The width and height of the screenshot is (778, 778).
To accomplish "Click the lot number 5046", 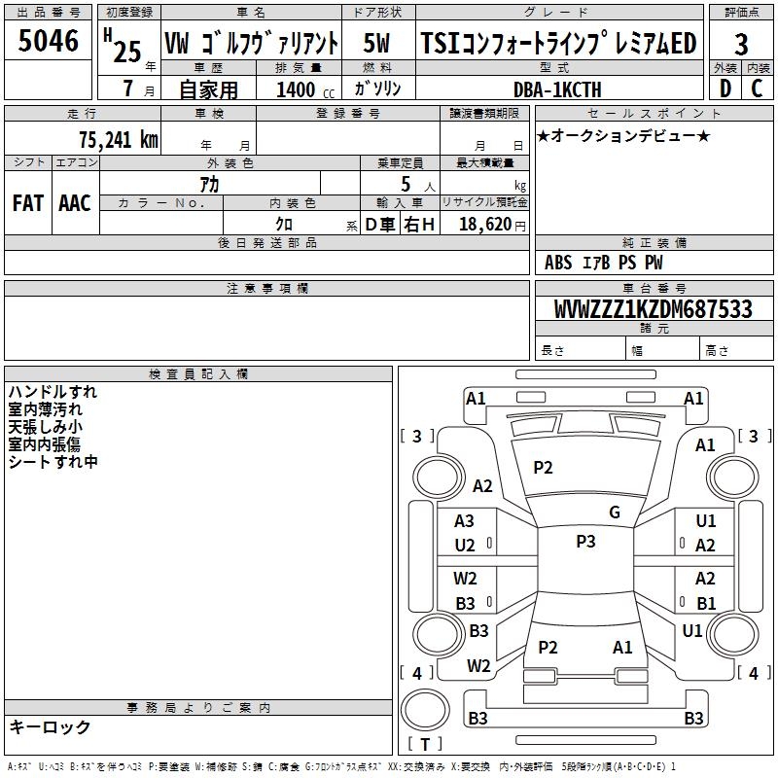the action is (x=48, y=41).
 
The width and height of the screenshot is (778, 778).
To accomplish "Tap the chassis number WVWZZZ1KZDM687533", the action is (x=653, y=309).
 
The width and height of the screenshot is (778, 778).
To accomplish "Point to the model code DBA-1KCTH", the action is (x=557, y=89).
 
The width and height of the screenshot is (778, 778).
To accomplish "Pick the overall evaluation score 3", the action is (x=741, y=44).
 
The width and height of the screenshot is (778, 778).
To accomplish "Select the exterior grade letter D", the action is (x=725, y=88).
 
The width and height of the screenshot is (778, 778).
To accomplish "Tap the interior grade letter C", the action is (x=757, y=88).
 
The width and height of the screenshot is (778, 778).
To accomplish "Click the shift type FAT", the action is (x=27, y=203).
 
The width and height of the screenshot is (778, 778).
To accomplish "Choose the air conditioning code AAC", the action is (x=74, y=203).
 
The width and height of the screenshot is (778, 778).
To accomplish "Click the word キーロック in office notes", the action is (x=50, y=726).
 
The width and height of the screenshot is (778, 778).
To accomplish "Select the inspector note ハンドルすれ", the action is (x=53, y=392).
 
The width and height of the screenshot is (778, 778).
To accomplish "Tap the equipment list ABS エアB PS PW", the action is (x=605, y=263).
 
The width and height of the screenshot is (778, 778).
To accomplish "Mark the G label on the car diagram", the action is (x=614, y=513).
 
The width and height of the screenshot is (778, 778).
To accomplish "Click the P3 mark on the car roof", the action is (x=585, y=542).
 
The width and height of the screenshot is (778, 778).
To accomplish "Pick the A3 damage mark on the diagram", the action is (x=465, y=521).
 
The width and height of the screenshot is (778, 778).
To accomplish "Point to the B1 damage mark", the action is (x=706, y=603).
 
